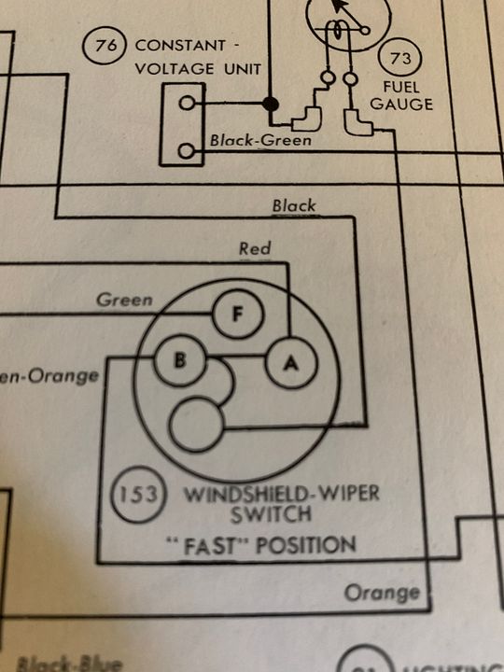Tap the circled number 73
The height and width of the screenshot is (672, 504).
click(x=401, y=59)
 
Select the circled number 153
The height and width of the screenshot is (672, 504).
click(x=138, y=492)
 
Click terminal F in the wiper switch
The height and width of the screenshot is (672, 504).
click(x=237, y=314)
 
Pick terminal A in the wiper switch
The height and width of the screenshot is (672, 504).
click(x=291, y=362)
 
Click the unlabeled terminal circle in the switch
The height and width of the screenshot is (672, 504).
click(x=197, y=424)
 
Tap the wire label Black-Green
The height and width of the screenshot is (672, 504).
click(x=260, y=141)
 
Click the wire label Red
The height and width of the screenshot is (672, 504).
click(x=255, y=248)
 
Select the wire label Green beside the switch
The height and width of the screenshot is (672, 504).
click(x=125, y=301)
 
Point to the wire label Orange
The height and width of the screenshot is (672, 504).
click(x=382, y=593)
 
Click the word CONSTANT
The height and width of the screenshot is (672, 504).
click(x=180, y=45)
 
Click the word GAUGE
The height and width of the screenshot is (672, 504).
click(x=401, y=104)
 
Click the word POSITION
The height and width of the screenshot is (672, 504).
click(x=310, y=544)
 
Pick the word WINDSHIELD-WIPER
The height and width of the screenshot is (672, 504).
click(x=280, y=492)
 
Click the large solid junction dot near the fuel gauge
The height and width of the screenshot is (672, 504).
click(x=271, y=103)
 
